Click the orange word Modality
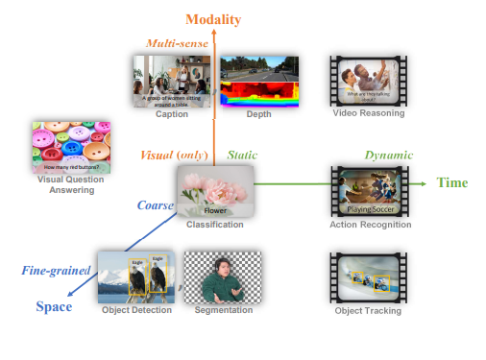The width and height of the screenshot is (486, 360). point(213,19)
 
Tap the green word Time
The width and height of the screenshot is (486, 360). point(452,182)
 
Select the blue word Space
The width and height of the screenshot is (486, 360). point(55,306)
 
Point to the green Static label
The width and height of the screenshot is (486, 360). point(241,155)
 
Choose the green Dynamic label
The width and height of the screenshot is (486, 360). point(387,155)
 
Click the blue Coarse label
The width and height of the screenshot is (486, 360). point(155,204)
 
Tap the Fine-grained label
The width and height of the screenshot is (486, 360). point(55,271)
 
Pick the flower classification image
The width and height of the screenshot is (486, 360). point(215,190)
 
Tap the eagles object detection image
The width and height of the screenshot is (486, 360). point(136,276)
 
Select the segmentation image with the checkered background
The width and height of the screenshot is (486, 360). point(223,276)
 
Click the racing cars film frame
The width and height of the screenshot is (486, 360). point(370,278)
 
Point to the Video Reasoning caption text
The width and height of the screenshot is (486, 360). point(369,113)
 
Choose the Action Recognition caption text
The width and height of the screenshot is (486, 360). point(371,225)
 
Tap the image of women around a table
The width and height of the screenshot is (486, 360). point(171,80)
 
